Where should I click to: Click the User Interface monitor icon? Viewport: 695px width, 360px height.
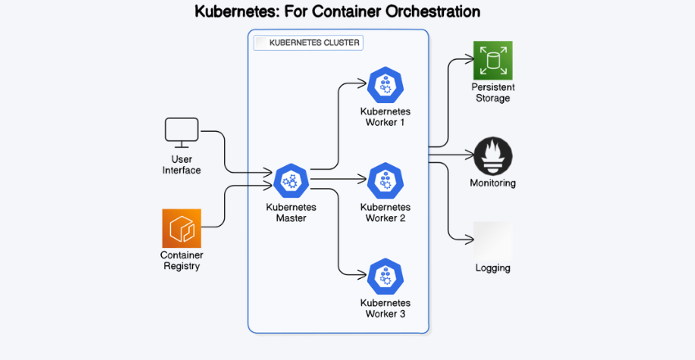click(182, 132)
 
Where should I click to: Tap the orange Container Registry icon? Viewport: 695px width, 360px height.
click(182, 228)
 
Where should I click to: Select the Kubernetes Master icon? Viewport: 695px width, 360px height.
click(291, 181)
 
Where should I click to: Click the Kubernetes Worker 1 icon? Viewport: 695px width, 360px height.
click(385, 84)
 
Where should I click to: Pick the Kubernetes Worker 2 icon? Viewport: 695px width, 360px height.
click(385, 181)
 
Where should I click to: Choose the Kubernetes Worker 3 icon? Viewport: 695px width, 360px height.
click(385, 277)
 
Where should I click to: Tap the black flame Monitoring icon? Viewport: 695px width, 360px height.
click(493, 156)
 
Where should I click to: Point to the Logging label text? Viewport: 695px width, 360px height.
click(493, 268)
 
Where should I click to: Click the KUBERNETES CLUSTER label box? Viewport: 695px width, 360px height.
click(308, 43)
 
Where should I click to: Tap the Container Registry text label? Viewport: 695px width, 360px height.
click(182, 260)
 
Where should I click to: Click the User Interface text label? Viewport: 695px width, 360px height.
click(182, 164)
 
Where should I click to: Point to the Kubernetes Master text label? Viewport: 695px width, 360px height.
click(291, 213)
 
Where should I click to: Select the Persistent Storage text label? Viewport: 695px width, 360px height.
click(493, 92)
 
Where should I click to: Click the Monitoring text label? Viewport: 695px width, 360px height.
click(493, 183)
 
